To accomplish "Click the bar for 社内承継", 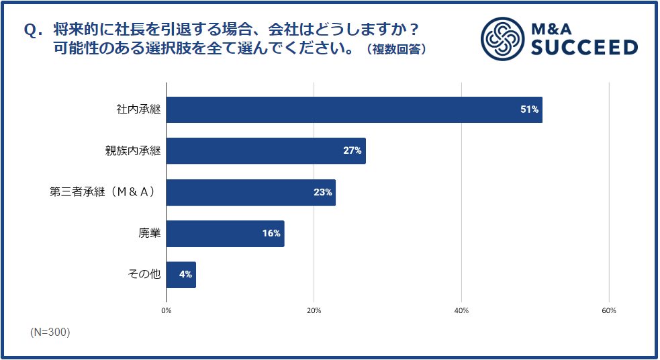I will tap(354, 109).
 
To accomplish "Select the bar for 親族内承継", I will tap(265, 150).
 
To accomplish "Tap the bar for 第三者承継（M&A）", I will tap(250, 192).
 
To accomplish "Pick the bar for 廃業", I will tap(225, 233).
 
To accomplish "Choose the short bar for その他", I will tap(181, 274).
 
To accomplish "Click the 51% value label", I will tap(530, 109).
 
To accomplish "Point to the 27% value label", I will tap(352, 150).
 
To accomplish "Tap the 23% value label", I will tap(322, 192).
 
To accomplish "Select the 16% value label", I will tap(271, 234).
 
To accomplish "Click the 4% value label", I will tap(185, 274).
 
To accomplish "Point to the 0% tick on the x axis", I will tap(167, 310).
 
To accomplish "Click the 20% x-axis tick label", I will tap(314, 310).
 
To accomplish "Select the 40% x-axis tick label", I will tap(461, 310).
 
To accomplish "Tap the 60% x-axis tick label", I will tap(608, 310).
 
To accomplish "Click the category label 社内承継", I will tap(138, 109).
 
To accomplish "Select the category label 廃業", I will tap(150, 234).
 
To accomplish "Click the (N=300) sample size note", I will tap(50, 332).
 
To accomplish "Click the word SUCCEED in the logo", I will tap(583, 48).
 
